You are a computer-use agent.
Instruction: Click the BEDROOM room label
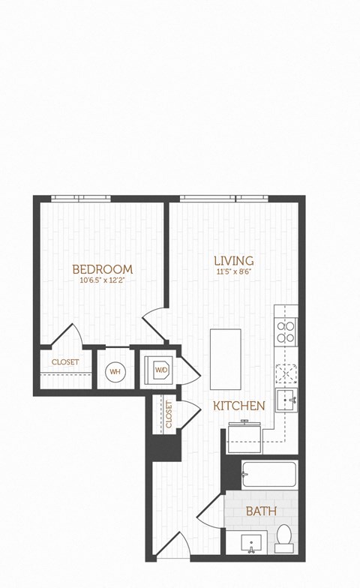102,269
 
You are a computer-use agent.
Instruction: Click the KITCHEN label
238,406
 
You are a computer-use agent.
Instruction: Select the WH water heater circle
115,370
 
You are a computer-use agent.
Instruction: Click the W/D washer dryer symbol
161,370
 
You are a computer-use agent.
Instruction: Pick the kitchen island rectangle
225,358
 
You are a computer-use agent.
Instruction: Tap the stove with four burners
286,331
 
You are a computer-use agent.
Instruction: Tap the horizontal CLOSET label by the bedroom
65,362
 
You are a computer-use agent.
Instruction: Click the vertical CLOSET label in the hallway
169,415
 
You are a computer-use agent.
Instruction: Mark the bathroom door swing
210,512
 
